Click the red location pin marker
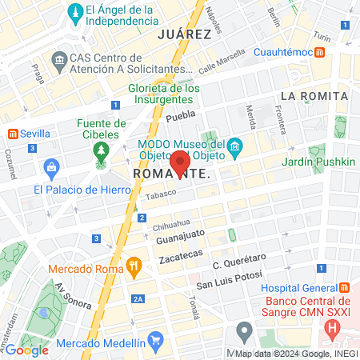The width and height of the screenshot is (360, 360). pos(180,163)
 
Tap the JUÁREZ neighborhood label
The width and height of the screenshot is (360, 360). pos(184,34)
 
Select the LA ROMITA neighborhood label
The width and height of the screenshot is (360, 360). pos(314,96)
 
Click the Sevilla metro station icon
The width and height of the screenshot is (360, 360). pos(13,133)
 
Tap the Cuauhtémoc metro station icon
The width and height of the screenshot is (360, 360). pos(319,52)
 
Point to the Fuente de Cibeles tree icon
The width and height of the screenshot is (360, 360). pos(101,150)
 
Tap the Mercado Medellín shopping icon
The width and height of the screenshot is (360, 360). pos(155,340)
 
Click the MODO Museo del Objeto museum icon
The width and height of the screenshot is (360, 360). pos(234,146)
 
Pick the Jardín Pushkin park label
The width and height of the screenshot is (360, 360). pos(318,162)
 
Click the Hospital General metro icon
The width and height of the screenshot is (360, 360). pos(344,287)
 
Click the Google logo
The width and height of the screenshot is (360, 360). pos(27,350)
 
